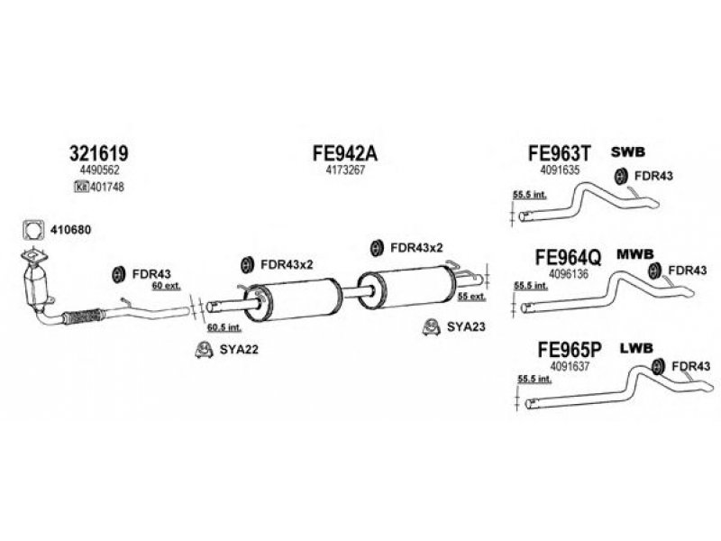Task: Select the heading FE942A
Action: point(343,154)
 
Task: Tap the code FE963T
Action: point(560,154)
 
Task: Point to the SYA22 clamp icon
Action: point(204,350)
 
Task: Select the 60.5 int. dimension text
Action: point(222,327)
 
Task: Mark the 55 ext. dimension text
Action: point(471,296)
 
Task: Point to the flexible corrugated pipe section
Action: point(86,316)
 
